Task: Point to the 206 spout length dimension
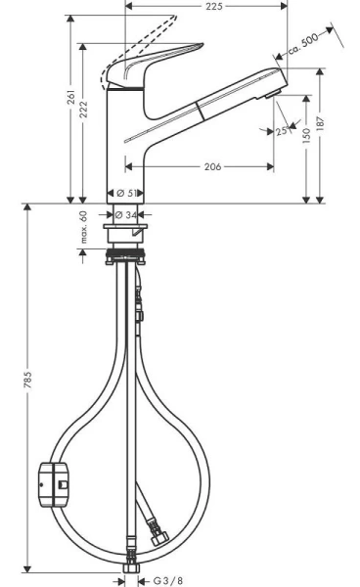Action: pos(203,166)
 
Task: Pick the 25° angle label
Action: pos(282,130)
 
